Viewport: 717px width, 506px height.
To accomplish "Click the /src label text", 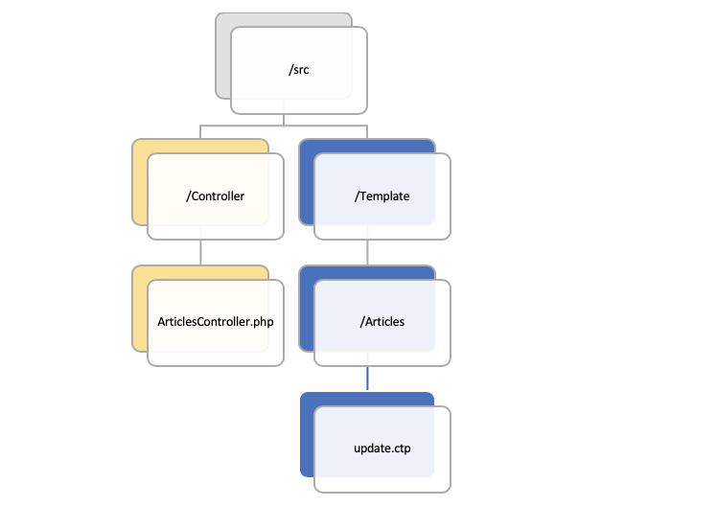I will pos(299,69).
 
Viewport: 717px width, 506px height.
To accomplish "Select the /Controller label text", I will pos(216,196).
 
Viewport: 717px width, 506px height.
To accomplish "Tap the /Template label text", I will pos(382,196).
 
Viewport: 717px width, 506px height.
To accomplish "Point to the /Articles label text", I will pos(382,321).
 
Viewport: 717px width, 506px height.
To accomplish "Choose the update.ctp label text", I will pos(382,448).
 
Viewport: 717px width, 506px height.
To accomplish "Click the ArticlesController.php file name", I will pos(215,321).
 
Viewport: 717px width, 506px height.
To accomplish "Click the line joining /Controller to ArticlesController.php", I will pos(200,252).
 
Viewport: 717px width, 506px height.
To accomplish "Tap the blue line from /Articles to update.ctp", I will pos(368,378).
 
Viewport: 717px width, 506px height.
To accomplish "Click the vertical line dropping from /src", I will pos(284,115).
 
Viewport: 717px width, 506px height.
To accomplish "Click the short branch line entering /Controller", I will pos(200,131).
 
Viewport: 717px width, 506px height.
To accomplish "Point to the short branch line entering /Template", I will pos(368,131).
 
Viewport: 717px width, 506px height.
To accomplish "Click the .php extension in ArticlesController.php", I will pos(262,321).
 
